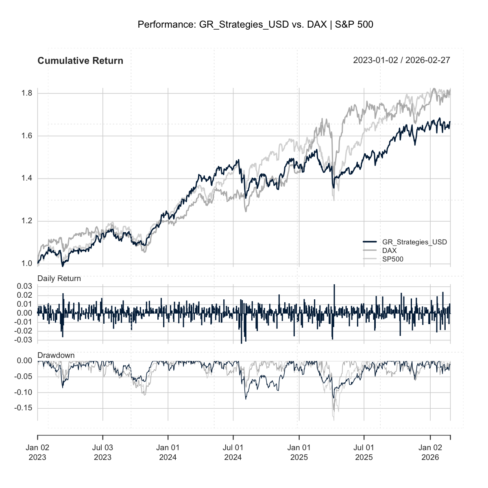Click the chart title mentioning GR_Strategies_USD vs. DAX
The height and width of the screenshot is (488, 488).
pyautogui.click(x=255, y=25)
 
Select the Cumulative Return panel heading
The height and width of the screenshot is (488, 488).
pyautogui.click(x=80, y=61)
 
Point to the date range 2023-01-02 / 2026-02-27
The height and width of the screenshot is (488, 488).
pyautogui.click(x=401, y=61)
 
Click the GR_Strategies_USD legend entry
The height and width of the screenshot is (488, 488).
pyautogui.click(x=414, y=242)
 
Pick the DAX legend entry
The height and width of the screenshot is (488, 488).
pyautogui.click(x=389, y=251)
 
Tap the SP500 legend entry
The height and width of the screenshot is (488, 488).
pyautogui.click(x=392, y=259)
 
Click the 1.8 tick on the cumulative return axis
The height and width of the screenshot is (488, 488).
pyautogui.click(x=27, y=94)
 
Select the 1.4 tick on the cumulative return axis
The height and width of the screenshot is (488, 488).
pyautogui.click(x=27, y=179)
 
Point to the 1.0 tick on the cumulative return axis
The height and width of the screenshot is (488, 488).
pyautogui.click(x=27, y=264)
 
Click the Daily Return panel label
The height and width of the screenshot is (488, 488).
pyautogui.click(x=59, y=279)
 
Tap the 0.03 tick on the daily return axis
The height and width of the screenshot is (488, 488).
pyautogui.click(x=24, y=287)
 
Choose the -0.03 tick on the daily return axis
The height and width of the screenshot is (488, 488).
pyautogui.click(x=24, y=340)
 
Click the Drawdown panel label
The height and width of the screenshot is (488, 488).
pyautogui.click(x=56, y=355)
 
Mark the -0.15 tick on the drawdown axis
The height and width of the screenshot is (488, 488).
pyautogui.click(x=24, y=408)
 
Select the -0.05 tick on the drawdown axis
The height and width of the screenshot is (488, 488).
pyautogui.click(x=24, y=377)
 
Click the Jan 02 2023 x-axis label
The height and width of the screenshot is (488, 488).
pyautogui.click(x=37, y=452)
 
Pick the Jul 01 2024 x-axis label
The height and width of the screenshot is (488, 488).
pyautogui.click(x=233, y=452)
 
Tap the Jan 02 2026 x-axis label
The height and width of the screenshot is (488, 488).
pyautogui.click(x=430, y=452)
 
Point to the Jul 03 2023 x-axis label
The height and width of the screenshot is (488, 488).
pyautogui.click(x=102, y=452)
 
